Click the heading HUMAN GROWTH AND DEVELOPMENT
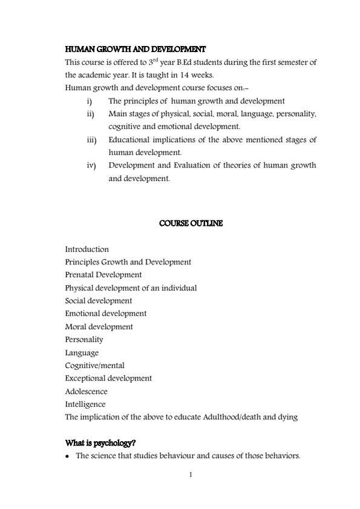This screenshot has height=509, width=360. tap(135, 49)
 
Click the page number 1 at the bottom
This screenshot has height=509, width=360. tap(191, 474)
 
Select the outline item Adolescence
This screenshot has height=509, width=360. tap(86, 391)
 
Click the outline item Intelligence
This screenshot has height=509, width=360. tap(85, 404)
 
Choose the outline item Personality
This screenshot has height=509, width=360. tap(84, 340)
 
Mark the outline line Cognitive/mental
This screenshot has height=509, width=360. tap(95, 365)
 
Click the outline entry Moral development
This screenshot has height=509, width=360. tap(99, 326)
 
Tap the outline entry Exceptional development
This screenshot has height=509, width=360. tap(108, 378)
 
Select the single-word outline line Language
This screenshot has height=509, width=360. tap(82, 352)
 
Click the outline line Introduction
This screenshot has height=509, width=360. tap(87, 249)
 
